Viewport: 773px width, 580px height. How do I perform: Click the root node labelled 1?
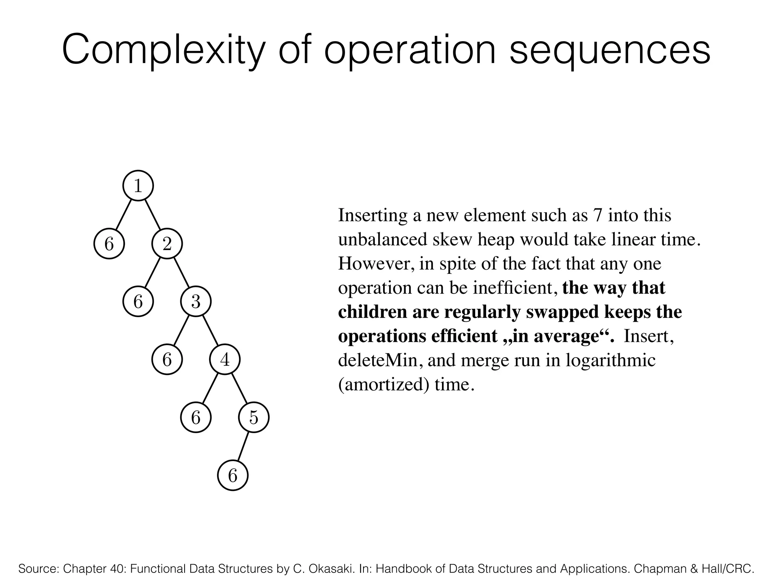(138, 186)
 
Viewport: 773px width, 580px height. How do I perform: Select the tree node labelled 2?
(167, 244)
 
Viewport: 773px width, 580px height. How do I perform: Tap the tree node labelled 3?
(196, 302)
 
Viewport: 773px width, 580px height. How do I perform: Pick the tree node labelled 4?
(225, 359)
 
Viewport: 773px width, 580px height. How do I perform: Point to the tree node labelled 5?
(254, 418)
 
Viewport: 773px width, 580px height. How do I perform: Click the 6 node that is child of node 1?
(109, 244)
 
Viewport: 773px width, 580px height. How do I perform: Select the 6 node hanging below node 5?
(233, 475)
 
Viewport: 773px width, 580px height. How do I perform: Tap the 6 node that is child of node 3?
(167, 359)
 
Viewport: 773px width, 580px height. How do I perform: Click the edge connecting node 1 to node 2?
(152, 214)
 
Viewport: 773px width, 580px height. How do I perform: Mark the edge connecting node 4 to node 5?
(239, 389)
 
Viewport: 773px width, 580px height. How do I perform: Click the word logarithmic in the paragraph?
(610, 360)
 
